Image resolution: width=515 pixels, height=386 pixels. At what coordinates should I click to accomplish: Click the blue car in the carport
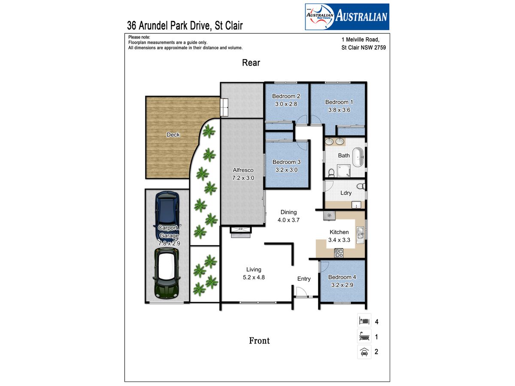pos(167,216)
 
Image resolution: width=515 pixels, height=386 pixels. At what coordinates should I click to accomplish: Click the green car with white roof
pos(167,273)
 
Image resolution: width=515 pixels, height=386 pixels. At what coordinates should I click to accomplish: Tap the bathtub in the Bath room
pos(358,157)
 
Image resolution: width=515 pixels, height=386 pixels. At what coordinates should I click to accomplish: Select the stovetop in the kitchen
pos(339,253)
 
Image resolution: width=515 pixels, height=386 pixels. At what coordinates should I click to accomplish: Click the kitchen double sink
pos(360,235)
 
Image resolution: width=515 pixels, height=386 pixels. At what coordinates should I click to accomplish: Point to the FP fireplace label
pos(240,229)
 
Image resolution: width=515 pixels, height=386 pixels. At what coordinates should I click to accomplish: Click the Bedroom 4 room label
pos(342,277)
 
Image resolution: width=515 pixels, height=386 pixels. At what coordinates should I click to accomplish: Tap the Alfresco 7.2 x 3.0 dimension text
pos(243,178)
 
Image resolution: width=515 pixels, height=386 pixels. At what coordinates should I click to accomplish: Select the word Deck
pos(173,135)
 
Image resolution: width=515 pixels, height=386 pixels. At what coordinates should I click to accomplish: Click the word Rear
pos(251,63)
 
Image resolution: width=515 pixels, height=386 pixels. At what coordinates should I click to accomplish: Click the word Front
pos(259,341)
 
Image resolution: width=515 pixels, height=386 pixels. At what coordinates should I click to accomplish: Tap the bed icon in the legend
pos(364,320)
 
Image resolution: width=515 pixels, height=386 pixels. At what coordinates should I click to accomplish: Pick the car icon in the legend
pos(364,352)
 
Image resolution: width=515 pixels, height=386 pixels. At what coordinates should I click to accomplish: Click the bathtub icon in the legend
pos(364,336)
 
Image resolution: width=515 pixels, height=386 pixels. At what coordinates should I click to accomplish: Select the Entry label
pos(304,279)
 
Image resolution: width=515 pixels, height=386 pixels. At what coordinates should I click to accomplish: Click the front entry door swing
pos(302,292)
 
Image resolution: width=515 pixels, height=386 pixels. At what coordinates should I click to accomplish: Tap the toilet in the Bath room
pos(331,173)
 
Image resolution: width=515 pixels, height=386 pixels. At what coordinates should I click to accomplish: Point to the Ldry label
pos(346,193)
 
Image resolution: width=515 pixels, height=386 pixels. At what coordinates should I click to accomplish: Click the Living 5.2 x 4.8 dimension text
pos(254,277)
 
